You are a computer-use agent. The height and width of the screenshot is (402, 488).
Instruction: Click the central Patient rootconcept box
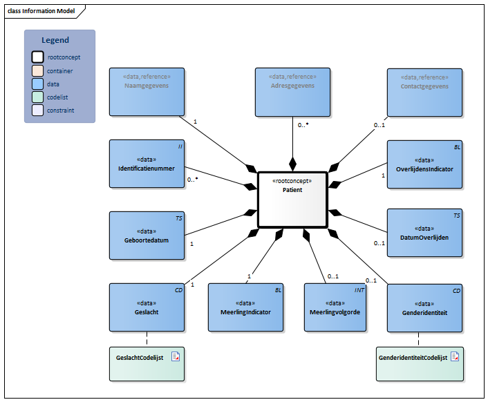[x=292, y=199]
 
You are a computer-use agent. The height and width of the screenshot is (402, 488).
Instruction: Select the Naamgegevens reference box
[x=147, y=91]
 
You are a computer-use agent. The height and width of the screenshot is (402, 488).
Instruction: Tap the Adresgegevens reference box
[x=292, y=91]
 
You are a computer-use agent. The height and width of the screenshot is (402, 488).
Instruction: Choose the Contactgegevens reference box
[x=424, y=91]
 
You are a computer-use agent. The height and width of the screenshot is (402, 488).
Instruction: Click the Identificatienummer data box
[x=147, y=164]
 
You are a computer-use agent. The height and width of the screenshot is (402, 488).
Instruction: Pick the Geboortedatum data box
[x=147, y=235]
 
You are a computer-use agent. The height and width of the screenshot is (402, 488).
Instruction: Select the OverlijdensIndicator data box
[x=424, y=164]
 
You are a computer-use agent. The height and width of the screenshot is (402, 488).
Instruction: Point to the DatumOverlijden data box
[x=424, y=233]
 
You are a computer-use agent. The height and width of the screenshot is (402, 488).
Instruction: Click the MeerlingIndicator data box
[x=245, y=307]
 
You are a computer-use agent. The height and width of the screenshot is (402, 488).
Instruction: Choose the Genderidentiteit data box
[x=424, y=307]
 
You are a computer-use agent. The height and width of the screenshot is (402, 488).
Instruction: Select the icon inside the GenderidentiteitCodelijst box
[x=455, y=356]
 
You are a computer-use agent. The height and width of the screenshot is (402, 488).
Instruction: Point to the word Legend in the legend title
[x=55, y=40]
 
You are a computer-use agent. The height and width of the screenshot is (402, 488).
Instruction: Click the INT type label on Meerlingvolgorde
[x=359, y=291]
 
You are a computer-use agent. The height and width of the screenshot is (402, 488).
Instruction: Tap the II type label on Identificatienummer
[x=180, y=146]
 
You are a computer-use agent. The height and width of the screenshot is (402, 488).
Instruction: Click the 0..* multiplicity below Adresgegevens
[x=303, y=126]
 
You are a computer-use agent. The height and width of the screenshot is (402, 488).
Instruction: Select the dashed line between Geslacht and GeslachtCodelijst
[x=147, y=339]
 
